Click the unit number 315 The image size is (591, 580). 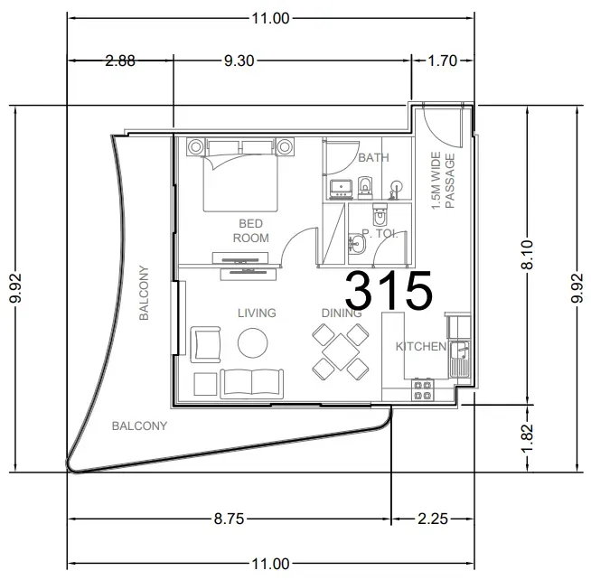coord(389,289)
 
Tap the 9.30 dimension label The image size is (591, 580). coord(239,61)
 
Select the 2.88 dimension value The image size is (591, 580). coord(120,61)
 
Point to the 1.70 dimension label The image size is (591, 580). coord(443,61)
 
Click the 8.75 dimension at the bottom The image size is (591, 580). coord(230,519)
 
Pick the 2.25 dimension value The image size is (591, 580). coord(433,519)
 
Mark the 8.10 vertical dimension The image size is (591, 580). coord(528,255)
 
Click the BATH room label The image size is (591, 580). coord(373,157)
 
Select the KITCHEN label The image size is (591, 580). coord(421,346)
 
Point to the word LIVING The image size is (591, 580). coord(257,313)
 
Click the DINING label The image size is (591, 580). coord(342,313)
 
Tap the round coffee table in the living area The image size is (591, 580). coord(252,343)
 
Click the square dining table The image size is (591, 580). coord(341,352)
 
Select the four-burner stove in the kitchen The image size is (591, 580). coord(422,390)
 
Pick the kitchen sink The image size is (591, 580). coord(459,360)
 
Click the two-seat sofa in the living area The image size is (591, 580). coord(252,384)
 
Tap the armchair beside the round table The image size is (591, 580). coord(205,344)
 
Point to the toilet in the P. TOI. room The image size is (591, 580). coord(380,214)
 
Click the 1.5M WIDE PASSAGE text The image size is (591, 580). coord(443,180)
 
